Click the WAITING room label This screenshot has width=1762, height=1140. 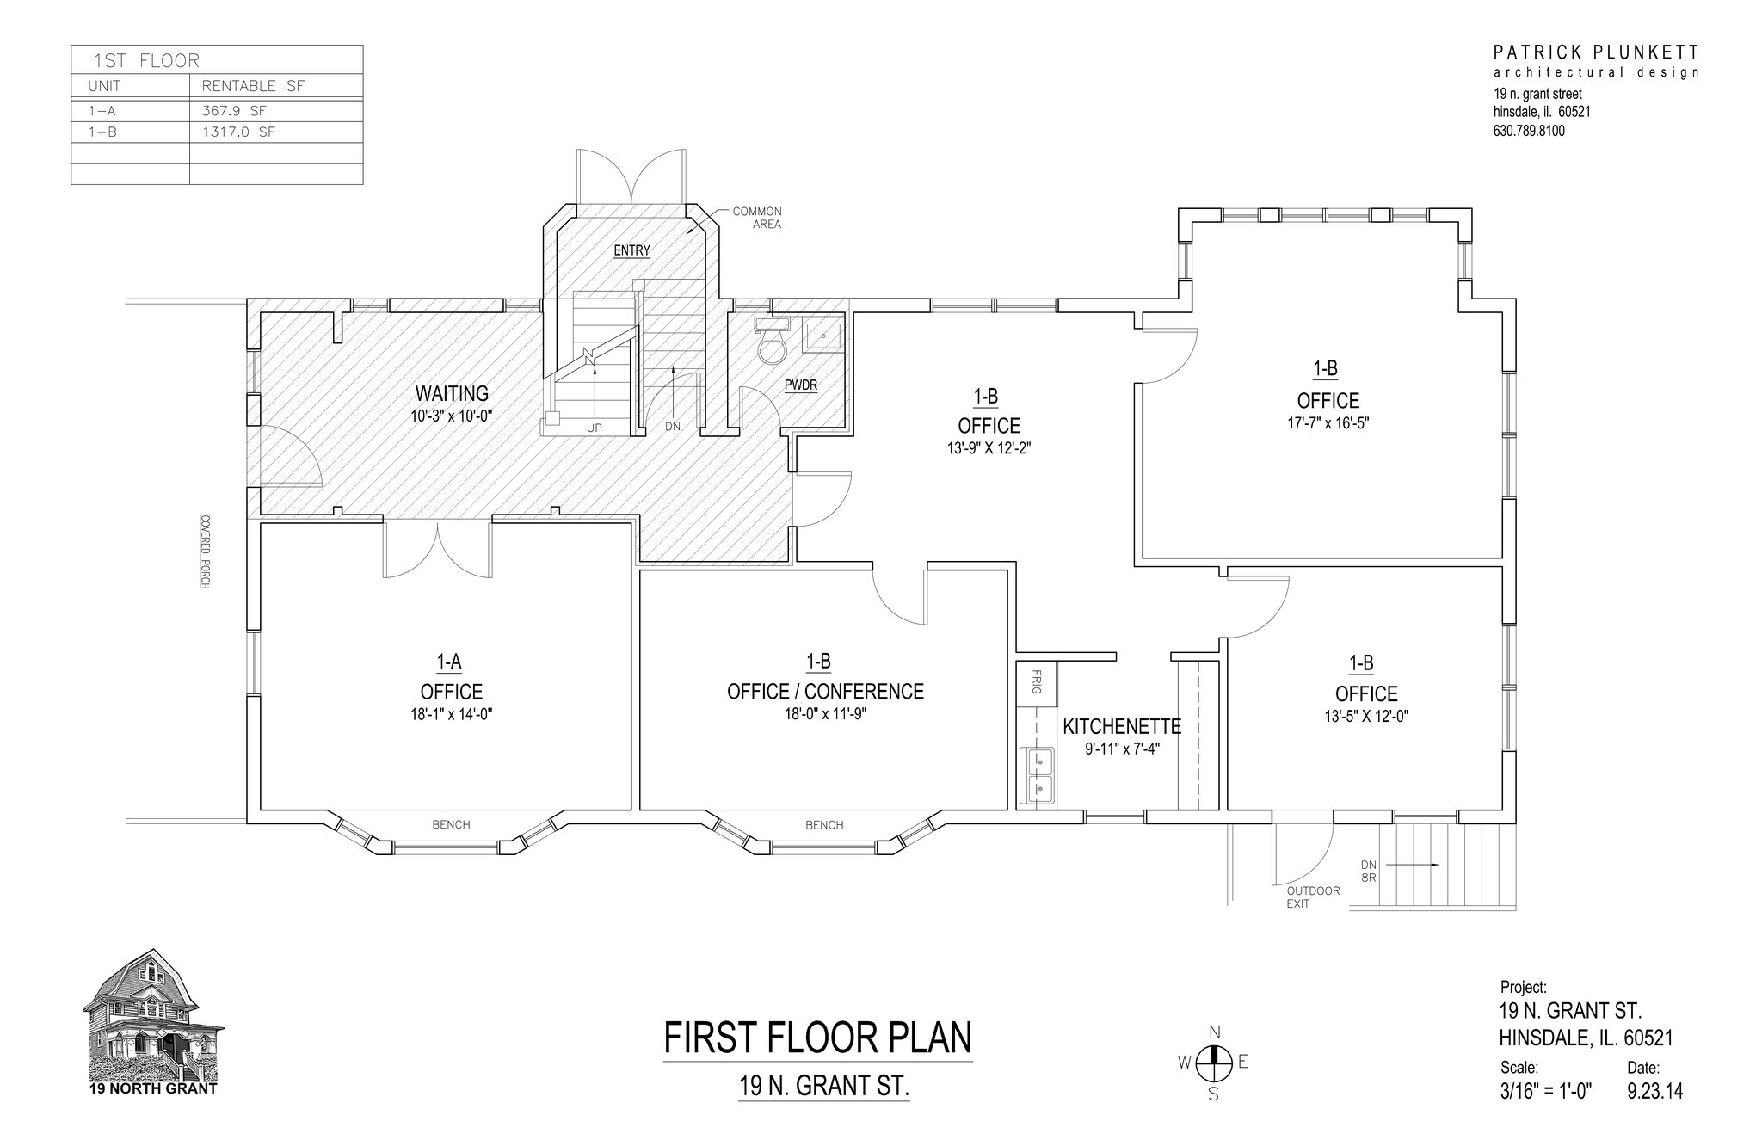point(452,394)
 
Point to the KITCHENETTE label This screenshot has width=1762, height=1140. point(1122,726)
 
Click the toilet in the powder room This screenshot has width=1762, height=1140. point(772,348)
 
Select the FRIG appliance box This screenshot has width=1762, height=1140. point(1037,683)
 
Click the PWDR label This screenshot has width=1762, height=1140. point(800,385)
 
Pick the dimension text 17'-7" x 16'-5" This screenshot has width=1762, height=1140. point(1328,423)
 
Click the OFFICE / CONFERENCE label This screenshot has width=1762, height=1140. point(825,692)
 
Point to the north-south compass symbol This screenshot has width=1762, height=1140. point(1213,1063)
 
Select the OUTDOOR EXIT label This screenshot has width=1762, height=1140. point(1312,897)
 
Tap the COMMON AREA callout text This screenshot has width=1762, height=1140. point(756,218)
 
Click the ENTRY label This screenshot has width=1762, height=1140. point(631,250)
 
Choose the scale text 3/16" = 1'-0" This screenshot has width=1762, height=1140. point(1546,1091)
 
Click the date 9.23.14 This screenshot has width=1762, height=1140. point(1654,1091)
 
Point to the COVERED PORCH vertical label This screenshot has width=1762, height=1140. point(205,552)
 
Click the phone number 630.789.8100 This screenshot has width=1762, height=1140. point(1529,132)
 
